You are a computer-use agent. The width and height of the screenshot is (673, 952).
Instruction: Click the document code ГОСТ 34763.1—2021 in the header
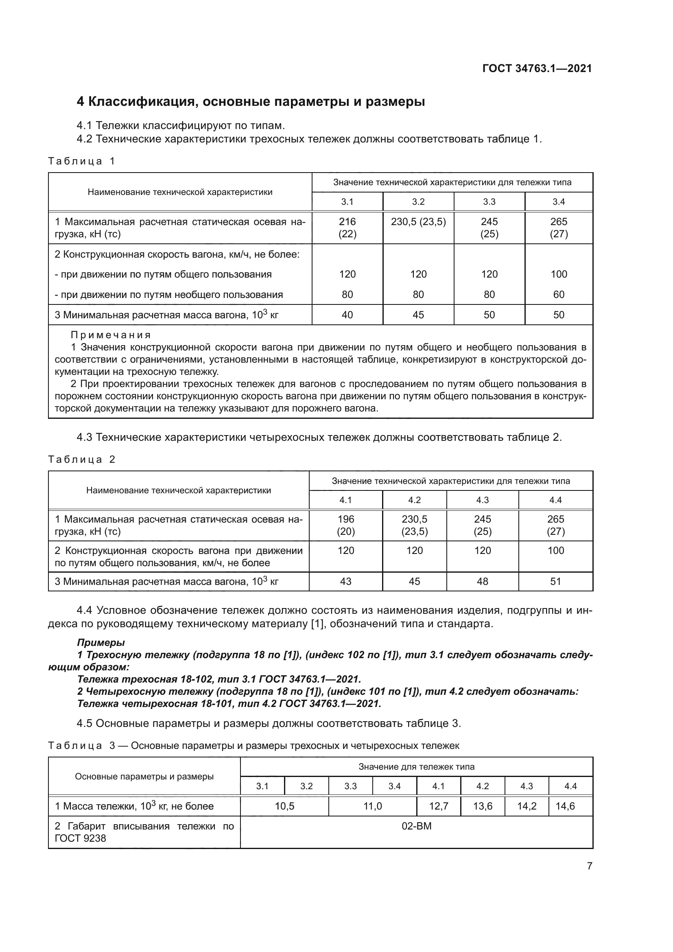coord(537,68)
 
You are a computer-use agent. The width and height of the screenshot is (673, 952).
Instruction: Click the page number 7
coord(589,866)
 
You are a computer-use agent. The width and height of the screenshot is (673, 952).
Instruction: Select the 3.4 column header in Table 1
coord(559,202)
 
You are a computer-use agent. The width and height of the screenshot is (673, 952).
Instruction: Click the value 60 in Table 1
coord(559,294)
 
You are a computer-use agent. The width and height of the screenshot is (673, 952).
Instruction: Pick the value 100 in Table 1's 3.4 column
coord(559,274)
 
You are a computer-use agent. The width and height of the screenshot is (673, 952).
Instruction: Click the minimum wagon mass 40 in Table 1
coord(347,315)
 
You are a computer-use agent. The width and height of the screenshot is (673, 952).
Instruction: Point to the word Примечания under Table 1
coord(111,335)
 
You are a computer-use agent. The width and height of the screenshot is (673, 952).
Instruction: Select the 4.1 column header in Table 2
coord(345,500)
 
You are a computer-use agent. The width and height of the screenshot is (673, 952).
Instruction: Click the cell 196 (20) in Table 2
coord(345,525)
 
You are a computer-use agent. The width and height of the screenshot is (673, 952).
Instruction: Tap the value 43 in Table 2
coord(345,581)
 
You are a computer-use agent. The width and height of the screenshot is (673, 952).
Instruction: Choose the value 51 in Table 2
coord(555,581)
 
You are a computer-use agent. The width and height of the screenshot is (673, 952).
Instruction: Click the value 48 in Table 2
coord(483,581)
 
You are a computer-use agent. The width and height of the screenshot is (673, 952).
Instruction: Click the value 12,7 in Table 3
coord(439,806)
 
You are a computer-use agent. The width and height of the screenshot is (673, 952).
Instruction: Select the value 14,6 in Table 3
coord(565,806)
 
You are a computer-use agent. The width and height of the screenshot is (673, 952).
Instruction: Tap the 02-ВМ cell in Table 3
coord(417,826)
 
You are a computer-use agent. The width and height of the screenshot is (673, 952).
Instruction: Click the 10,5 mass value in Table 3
coord(284,806)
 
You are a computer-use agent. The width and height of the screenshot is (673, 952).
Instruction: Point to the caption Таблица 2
coord(82,460)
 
